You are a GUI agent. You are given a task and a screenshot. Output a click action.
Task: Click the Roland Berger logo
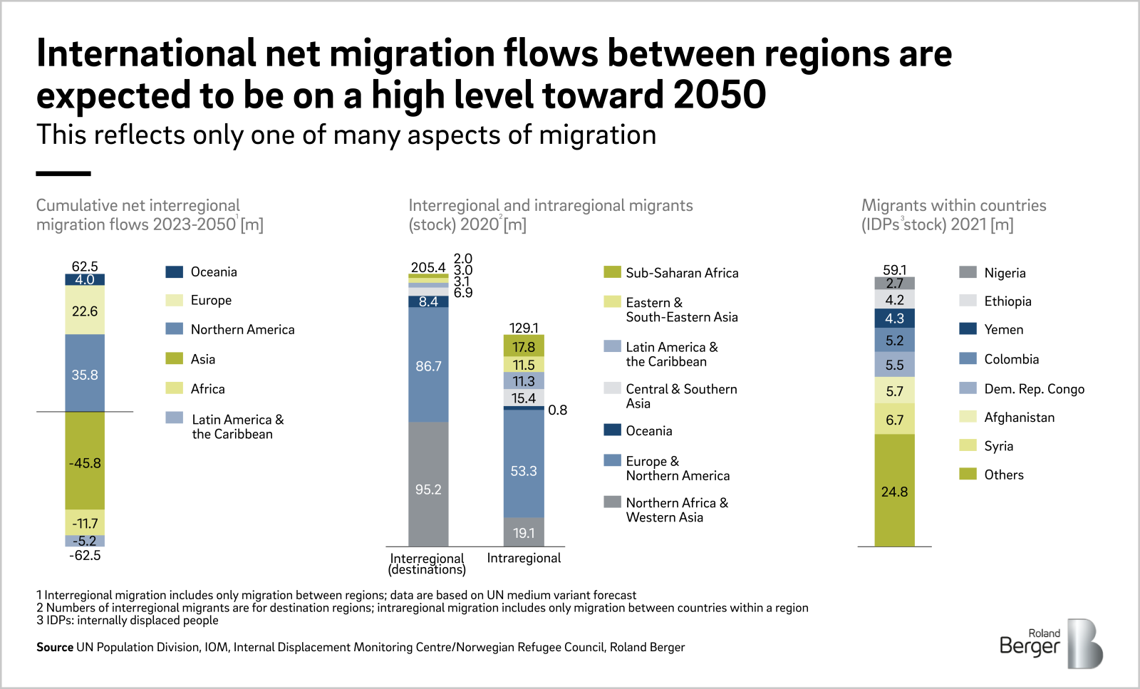(1052, 643)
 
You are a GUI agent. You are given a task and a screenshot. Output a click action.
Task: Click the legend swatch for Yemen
(968, 329)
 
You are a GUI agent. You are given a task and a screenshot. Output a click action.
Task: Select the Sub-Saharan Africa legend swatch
(612, 272)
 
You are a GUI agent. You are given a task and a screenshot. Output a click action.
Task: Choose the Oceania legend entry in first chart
(214, 272)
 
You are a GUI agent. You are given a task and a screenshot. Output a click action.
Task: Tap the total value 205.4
(427, 267)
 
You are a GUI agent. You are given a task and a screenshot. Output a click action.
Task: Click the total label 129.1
(524, 328)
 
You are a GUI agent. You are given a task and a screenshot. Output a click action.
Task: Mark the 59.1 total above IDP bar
(894, 270)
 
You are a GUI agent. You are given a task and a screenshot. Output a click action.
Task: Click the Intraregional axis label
(524, 558)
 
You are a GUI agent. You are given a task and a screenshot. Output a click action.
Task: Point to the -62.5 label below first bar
(85, 556)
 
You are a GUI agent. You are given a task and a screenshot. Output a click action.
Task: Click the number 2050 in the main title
(720, 95)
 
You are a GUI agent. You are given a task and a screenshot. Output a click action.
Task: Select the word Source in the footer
(55, 647)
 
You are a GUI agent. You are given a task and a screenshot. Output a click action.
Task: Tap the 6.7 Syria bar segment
(894, 420)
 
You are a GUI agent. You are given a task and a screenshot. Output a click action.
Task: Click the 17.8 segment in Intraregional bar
(524, 347)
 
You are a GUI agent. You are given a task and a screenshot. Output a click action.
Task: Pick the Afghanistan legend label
(1019, 418)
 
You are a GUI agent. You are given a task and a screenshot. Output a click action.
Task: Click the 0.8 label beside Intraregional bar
(557, 410)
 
